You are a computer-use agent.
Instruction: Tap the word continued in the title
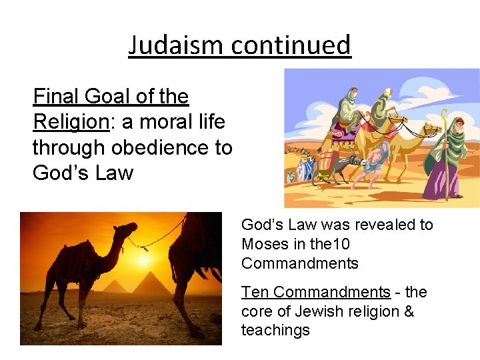(x=291, y=45)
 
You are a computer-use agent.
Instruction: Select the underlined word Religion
(x=70, y=122)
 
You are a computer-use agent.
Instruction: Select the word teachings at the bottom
(x=275, y=331)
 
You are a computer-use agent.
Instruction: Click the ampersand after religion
(x=407, y=311)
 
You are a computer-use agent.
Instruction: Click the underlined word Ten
(x=255, y=292)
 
